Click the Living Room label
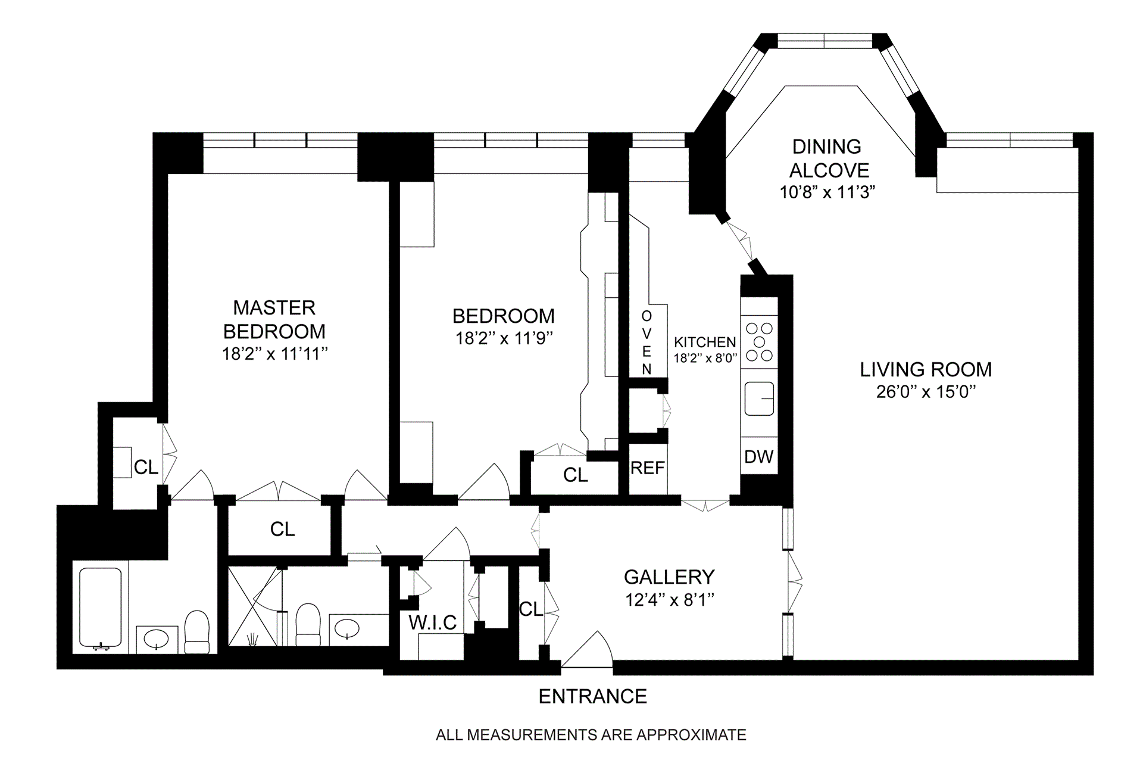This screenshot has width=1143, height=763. pos(926,369)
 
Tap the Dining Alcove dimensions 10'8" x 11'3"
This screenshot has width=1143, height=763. pos(827,192)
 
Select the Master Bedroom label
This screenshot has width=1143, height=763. pos(274,319)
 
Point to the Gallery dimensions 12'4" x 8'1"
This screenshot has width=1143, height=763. pos(670,600)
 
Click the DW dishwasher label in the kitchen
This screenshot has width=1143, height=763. pos(759,457)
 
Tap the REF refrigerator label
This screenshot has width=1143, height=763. pos(647,468)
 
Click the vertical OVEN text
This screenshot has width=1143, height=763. pos(647,342)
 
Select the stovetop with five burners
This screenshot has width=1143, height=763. pos(759,342)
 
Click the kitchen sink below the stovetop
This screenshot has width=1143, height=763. pos(759,398)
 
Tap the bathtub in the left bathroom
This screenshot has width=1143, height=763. pos(101,609)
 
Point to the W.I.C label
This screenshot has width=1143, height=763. pos(433,622)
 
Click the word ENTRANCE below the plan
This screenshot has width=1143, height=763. pos(593,696)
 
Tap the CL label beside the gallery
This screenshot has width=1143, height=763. pos(531,609)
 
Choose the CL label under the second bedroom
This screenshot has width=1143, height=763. pos(576,475)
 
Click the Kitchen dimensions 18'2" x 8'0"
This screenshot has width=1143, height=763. pos(705,359)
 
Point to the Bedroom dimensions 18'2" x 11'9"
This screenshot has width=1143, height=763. pos(504,338)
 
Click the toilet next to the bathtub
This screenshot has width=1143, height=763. pos(197,631)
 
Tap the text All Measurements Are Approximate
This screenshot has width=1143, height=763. pos(591,735)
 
